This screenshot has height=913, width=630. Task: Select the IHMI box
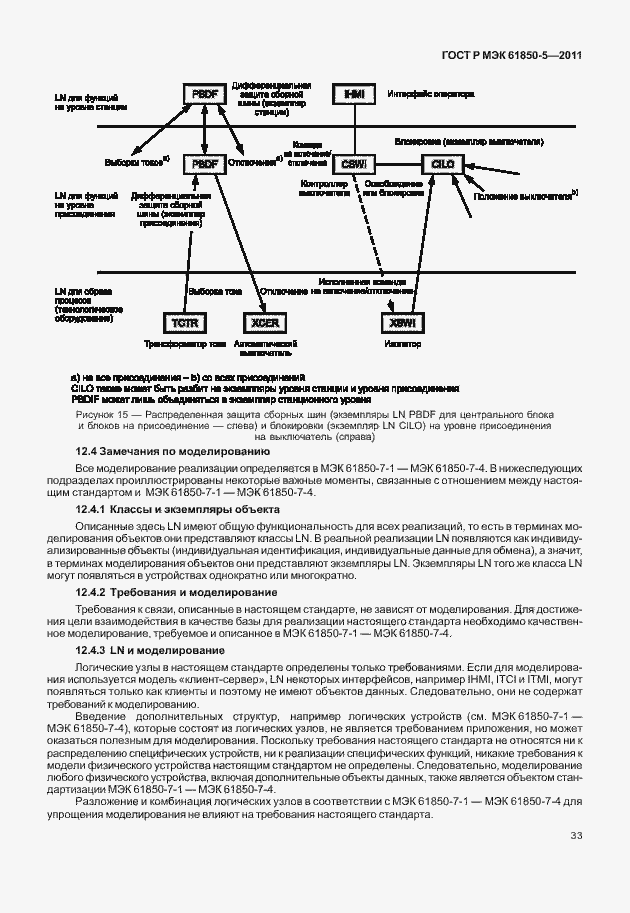click(x=354, y=94)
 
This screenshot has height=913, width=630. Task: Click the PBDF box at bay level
click(x=204, y=163)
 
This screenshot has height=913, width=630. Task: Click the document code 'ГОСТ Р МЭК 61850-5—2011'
click(x=510, y=56)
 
